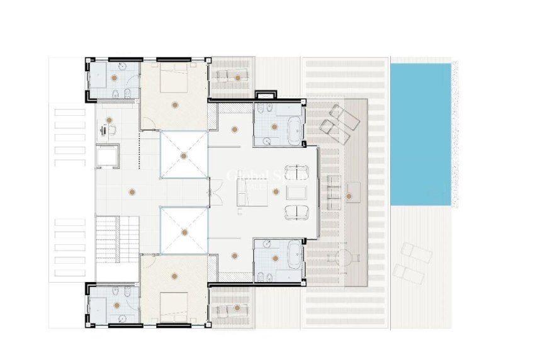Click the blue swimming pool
pos(420,133)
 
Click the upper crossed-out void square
pos(183,155)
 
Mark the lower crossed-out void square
pos(183,231)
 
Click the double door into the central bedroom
pos(215,193)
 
